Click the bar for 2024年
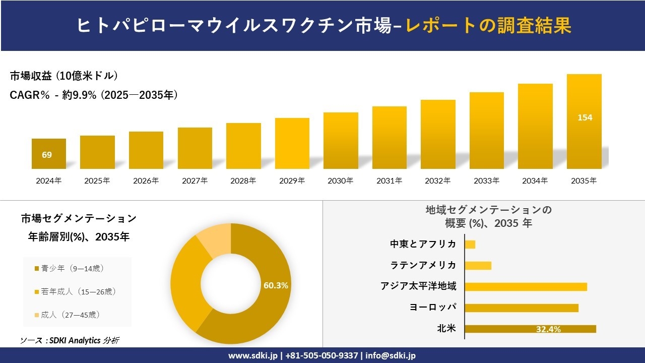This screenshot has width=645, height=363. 49,154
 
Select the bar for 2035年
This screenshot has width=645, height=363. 584,122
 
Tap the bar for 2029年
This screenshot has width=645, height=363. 292,143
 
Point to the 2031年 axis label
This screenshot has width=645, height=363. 389,180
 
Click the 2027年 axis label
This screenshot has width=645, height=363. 195,180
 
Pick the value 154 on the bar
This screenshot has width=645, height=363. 585,117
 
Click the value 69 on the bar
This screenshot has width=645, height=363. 47,155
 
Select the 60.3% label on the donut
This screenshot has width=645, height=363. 276,285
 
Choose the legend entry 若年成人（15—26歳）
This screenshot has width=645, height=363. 75,291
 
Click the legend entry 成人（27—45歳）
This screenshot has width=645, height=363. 70,315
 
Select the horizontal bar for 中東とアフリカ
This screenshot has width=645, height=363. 470,245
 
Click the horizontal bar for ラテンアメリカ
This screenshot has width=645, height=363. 478,266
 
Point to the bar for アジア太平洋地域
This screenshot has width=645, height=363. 526,287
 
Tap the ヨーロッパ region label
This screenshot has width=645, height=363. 433,308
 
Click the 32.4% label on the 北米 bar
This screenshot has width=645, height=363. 548,329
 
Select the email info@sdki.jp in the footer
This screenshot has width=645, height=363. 391,355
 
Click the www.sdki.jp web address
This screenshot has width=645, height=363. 251,355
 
